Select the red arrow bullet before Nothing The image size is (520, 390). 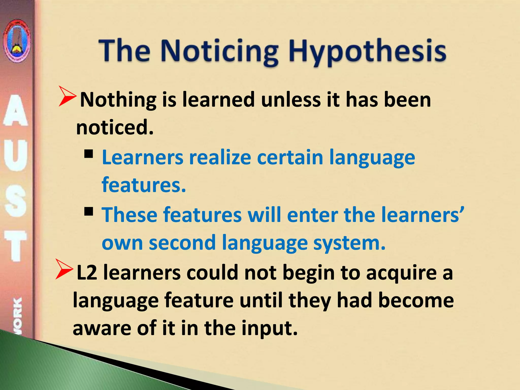pos(67,96)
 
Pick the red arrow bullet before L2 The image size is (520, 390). pos(64,269)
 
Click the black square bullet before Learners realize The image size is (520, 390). pos(89,154)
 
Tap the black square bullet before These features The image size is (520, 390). pos(89,212)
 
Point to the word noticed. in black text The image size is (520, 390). pos(115,127)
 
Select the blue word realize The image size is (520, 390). pos(220,157)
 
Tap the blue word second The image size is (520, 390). pos(182,243)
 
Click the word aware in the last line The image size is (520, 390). pos(102,328)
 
